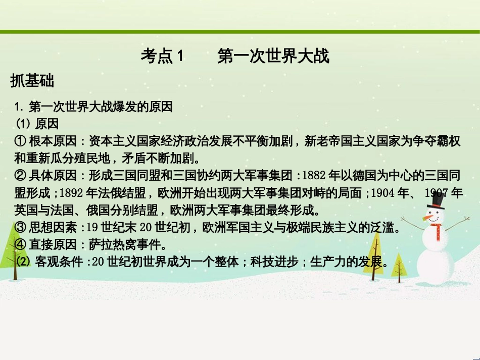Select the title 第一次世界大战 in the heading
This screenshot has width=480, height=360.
point(273,57)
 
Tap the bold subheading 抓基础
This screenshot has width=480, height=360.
point(32,81)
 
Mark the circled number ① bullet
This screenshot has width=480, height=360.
point(20,141)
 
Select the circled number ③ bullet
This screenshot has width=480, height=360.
point(20,228)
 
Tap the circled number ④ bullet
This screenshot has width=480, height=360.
point(20,245)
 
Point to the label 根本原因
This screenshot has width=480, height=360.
point(53,141)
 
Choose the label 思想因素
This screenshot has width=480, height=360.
point(53,228)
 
